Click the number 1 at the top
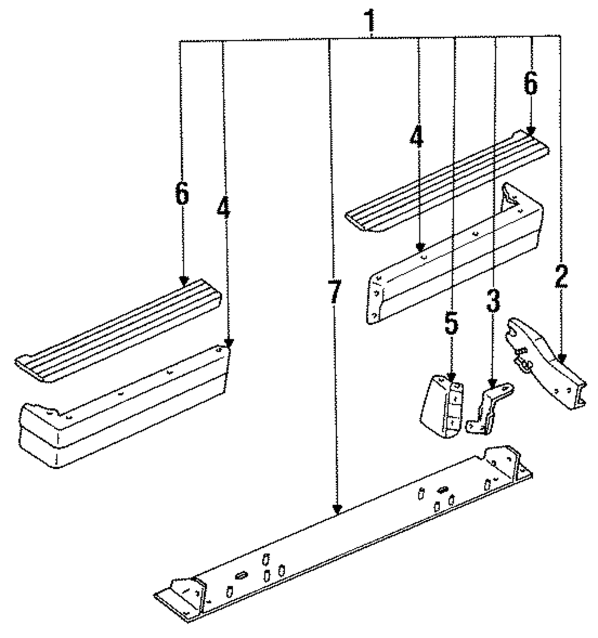371,20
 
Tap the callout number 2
560,276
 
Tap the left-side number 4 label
223,207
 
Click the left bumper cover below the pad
120,413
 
